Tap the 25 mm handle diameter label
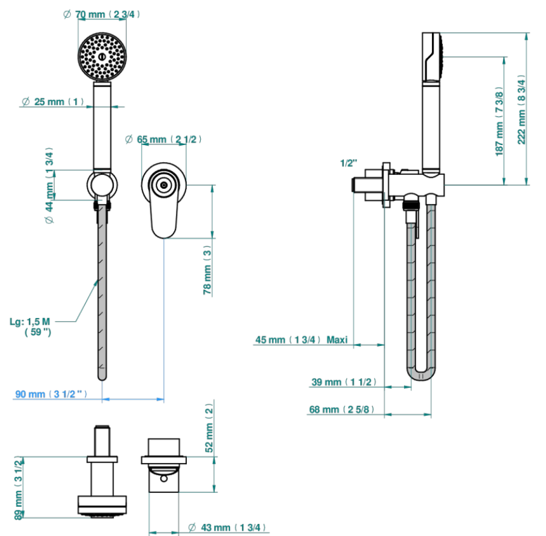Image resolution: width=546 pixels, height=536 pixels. tap(53, 101)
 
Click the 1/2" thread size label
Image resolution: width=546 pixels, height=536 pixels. tap(349, 163)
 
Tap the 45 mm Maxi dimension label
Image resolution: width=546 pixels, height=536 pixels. tap(301, 340)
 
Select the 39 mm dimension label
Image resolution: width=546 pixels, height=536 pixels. tap(343, 382)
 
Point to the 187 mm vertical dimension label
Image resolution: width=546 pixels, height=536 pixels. tap(499, 121)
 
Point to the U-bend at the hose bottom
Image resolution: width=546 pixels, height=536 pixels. tap(421, 377)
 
